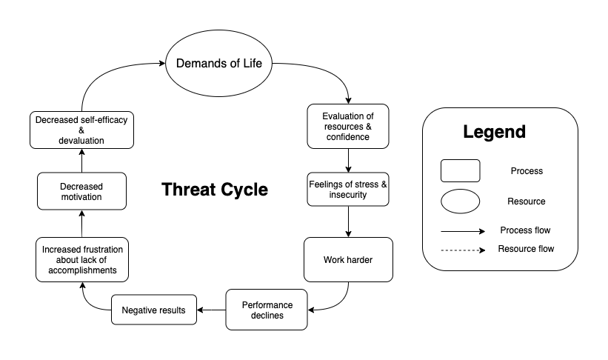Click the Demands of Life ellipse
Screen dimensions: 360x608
click(x=218, y=64)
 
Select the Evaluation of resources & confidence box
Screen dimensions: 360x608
click(x=347, y=126)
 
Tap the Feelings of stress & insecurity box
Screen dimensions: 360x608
click(x=347, y=189)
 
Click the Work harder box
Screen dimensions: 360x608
click(x=347, y=260)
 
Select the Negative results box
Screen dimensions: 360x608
click(x=154, y=309)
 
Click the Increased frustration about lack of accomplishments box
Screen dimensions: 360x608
click(x=81, y=259)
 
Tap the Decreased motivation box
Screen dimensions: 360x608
click(x=81, y=191)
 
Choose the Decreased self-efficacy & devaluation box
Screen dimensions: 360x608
click(x=81, y=129)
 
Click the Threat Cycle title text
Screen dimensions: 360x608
click(x=215, y=190)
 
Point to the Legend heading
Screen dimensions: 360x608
click(x=494, y=133)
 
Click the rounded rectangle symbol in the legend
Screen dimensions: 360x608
click(x=460, y=170)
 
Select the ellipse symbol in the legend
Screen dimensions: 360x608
click(x=460, y=201)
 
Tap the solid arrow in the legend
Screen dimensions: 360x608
click(x=460, y=230)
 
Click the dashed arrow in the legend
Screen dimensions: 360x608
click(x=460, y=250)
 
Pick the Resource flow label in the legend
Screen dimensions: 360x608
click(x=525, y=250)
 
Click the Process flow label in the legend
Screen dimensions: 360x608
click(x=525, y=230)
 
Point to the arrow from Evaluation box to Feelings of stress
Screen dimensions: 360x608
click(x=347, y=160)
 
